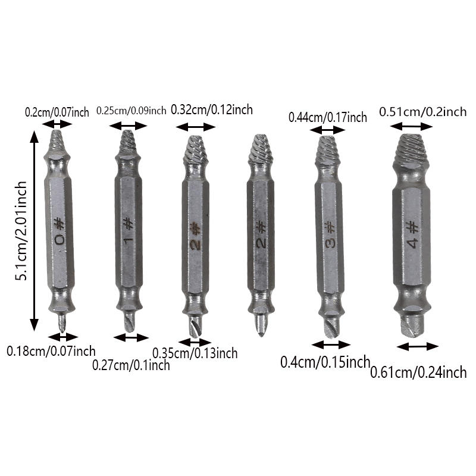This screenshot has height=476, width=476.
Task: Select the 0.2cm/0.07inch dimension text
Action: pos(57,112)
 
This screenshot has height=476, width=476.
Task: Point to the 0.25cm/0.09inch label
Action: pos(131,110)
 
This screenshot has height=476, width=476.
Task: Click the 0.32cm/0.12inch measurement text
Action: pos(212,109)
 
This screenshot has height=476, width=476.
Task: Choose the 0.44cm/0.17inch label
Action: pos(328,117)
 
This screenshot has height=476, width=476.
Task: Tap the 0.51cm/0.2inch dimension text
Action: pos(423,111)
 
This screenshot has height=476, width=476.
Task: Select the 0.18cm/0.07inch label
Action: pos(51,351)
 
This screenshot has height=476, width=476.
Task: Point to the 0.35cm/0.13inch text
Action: pos(195,353)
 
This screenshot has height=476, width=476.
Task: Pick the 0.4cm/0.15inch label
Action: pos(325,362)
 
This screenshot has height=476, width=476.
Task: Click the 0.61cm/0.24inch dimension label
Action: pos(418,373)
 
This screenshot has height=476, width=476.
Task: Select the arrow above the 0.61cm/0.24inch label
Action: pos(418,346)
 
